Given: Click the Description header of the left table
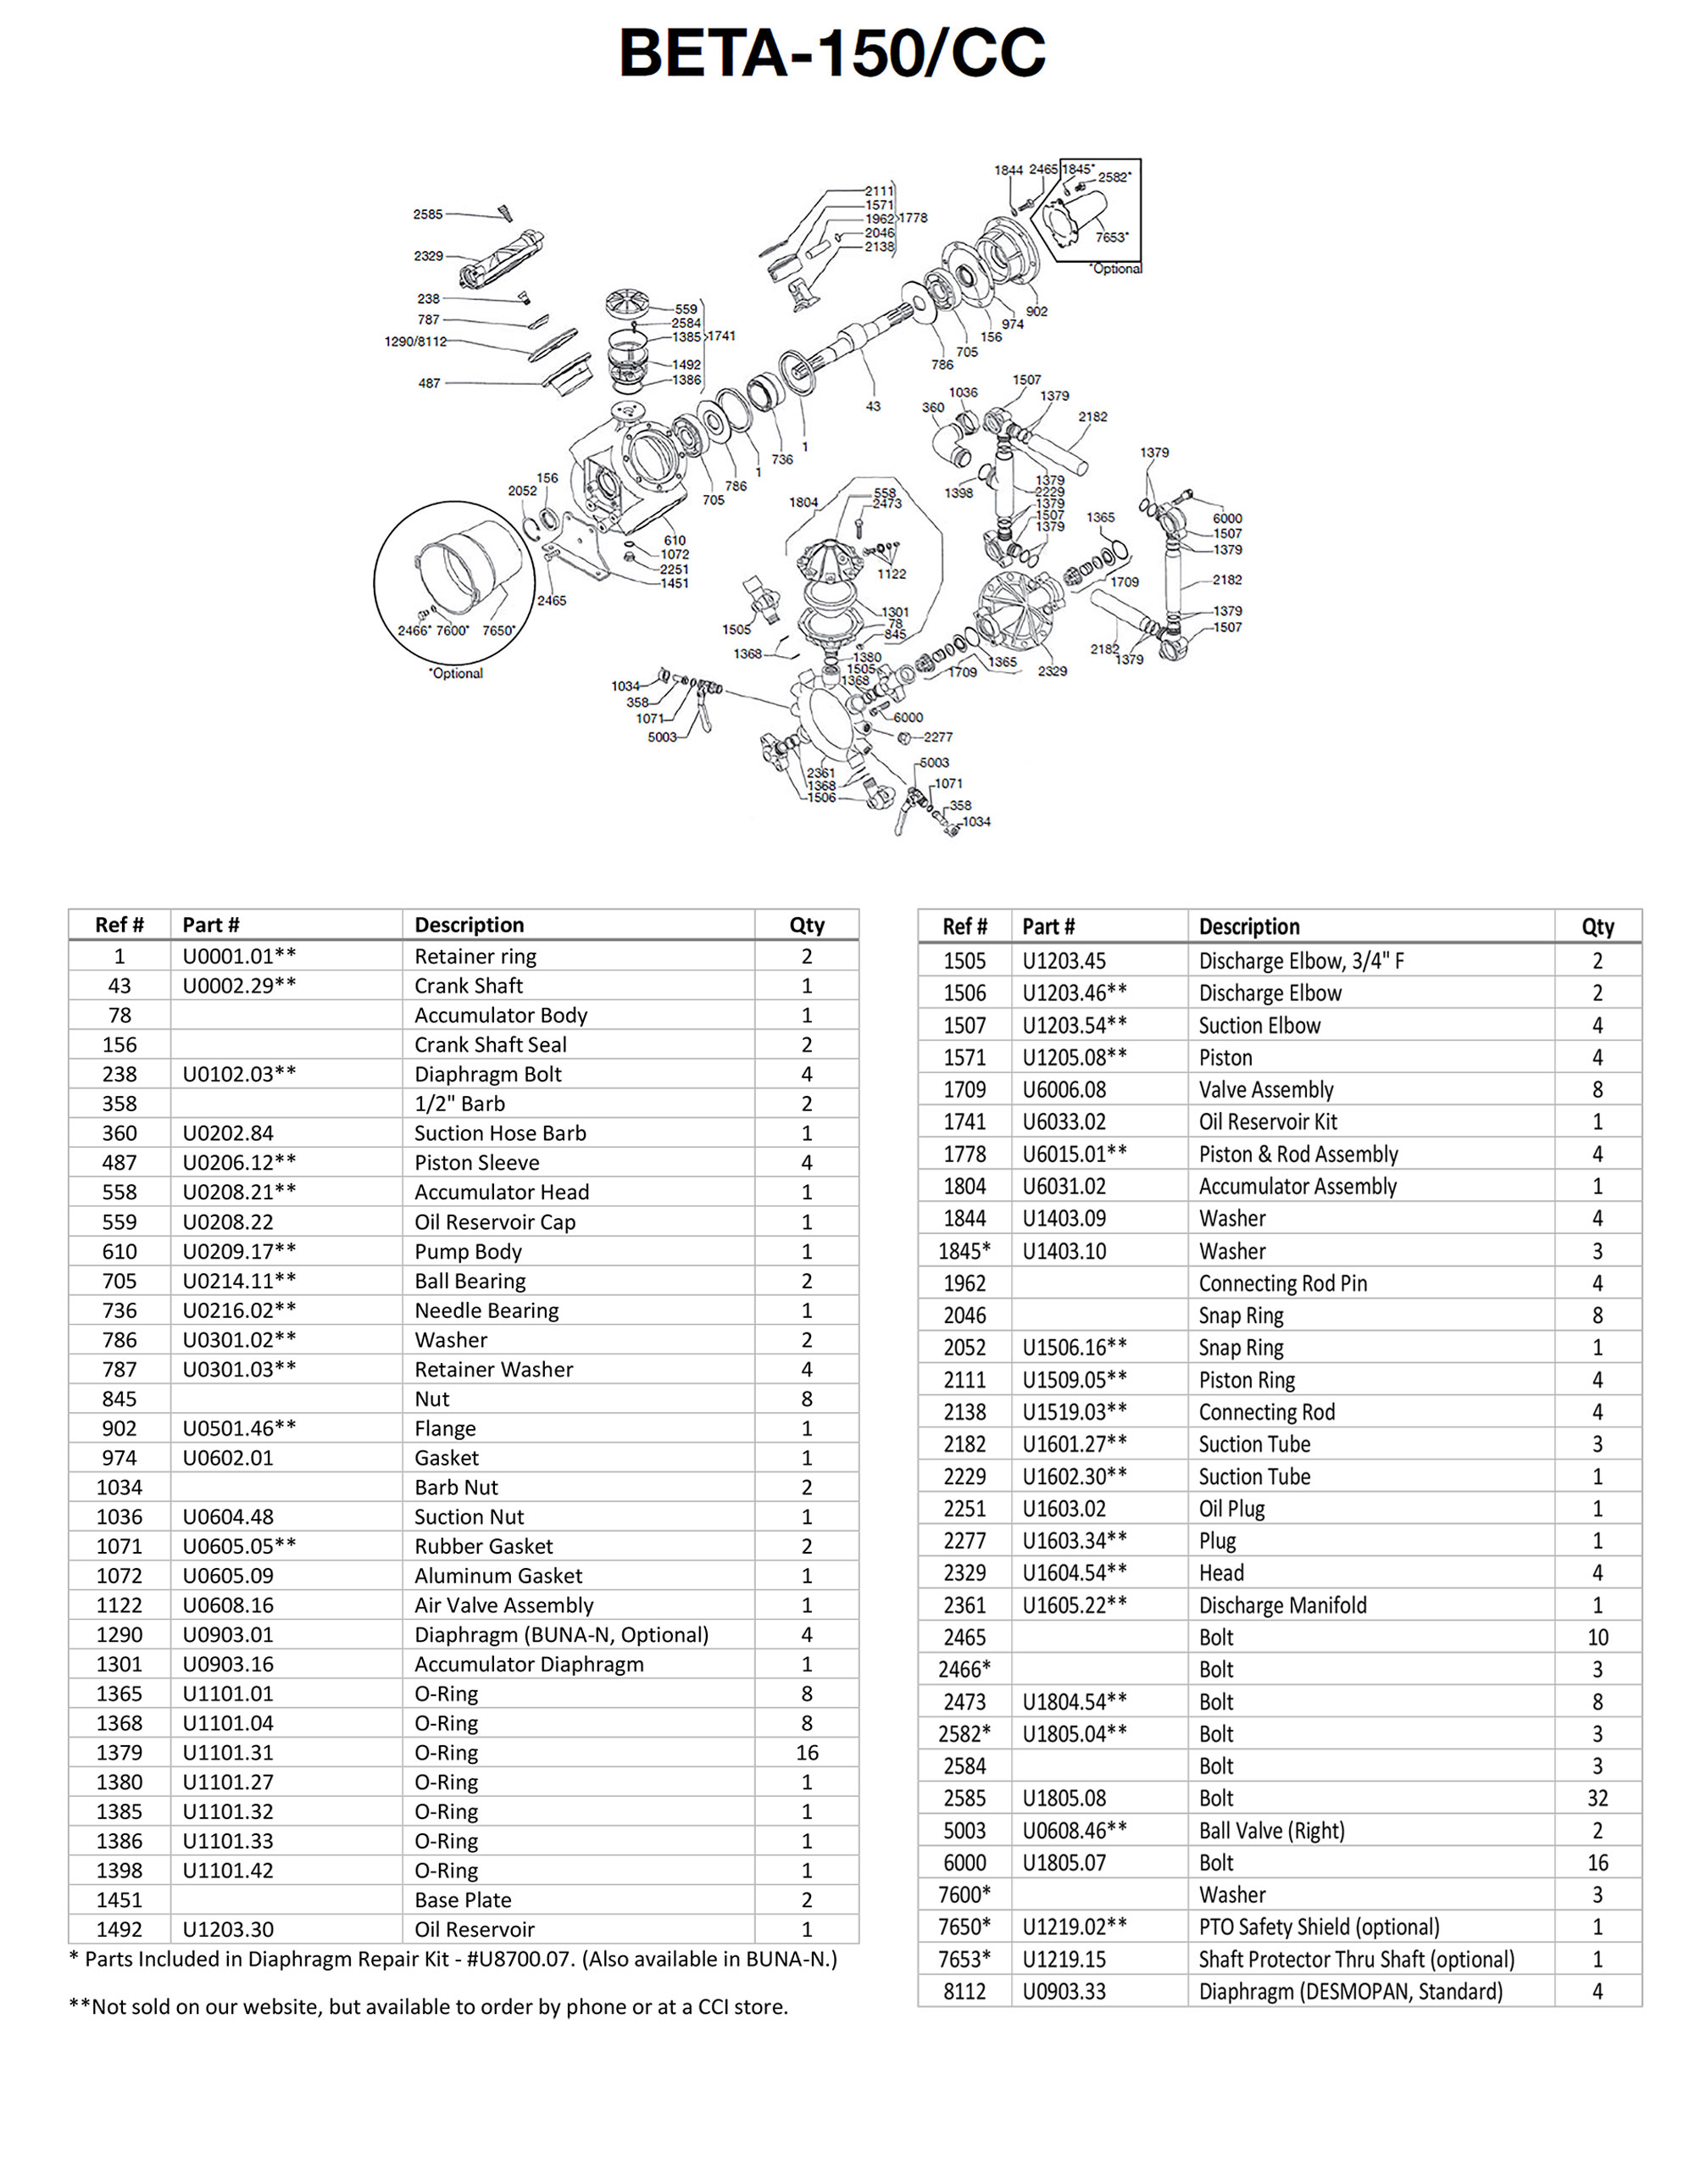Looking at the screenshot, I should pyautogui.click(x=469, y=925).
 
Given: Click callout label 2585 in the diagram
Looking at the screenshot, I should pyautogui.click(x=428, y=214).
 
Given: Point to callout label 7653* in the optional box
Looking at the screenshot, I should pyautogui.click(x=1111, y=237).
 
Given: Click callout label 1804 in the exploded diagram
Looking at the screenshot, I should pyautogui.click(x=803, y=503).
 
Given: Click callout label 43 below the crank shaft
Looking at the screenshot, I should pyautogui.click(x=873, y=405).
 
